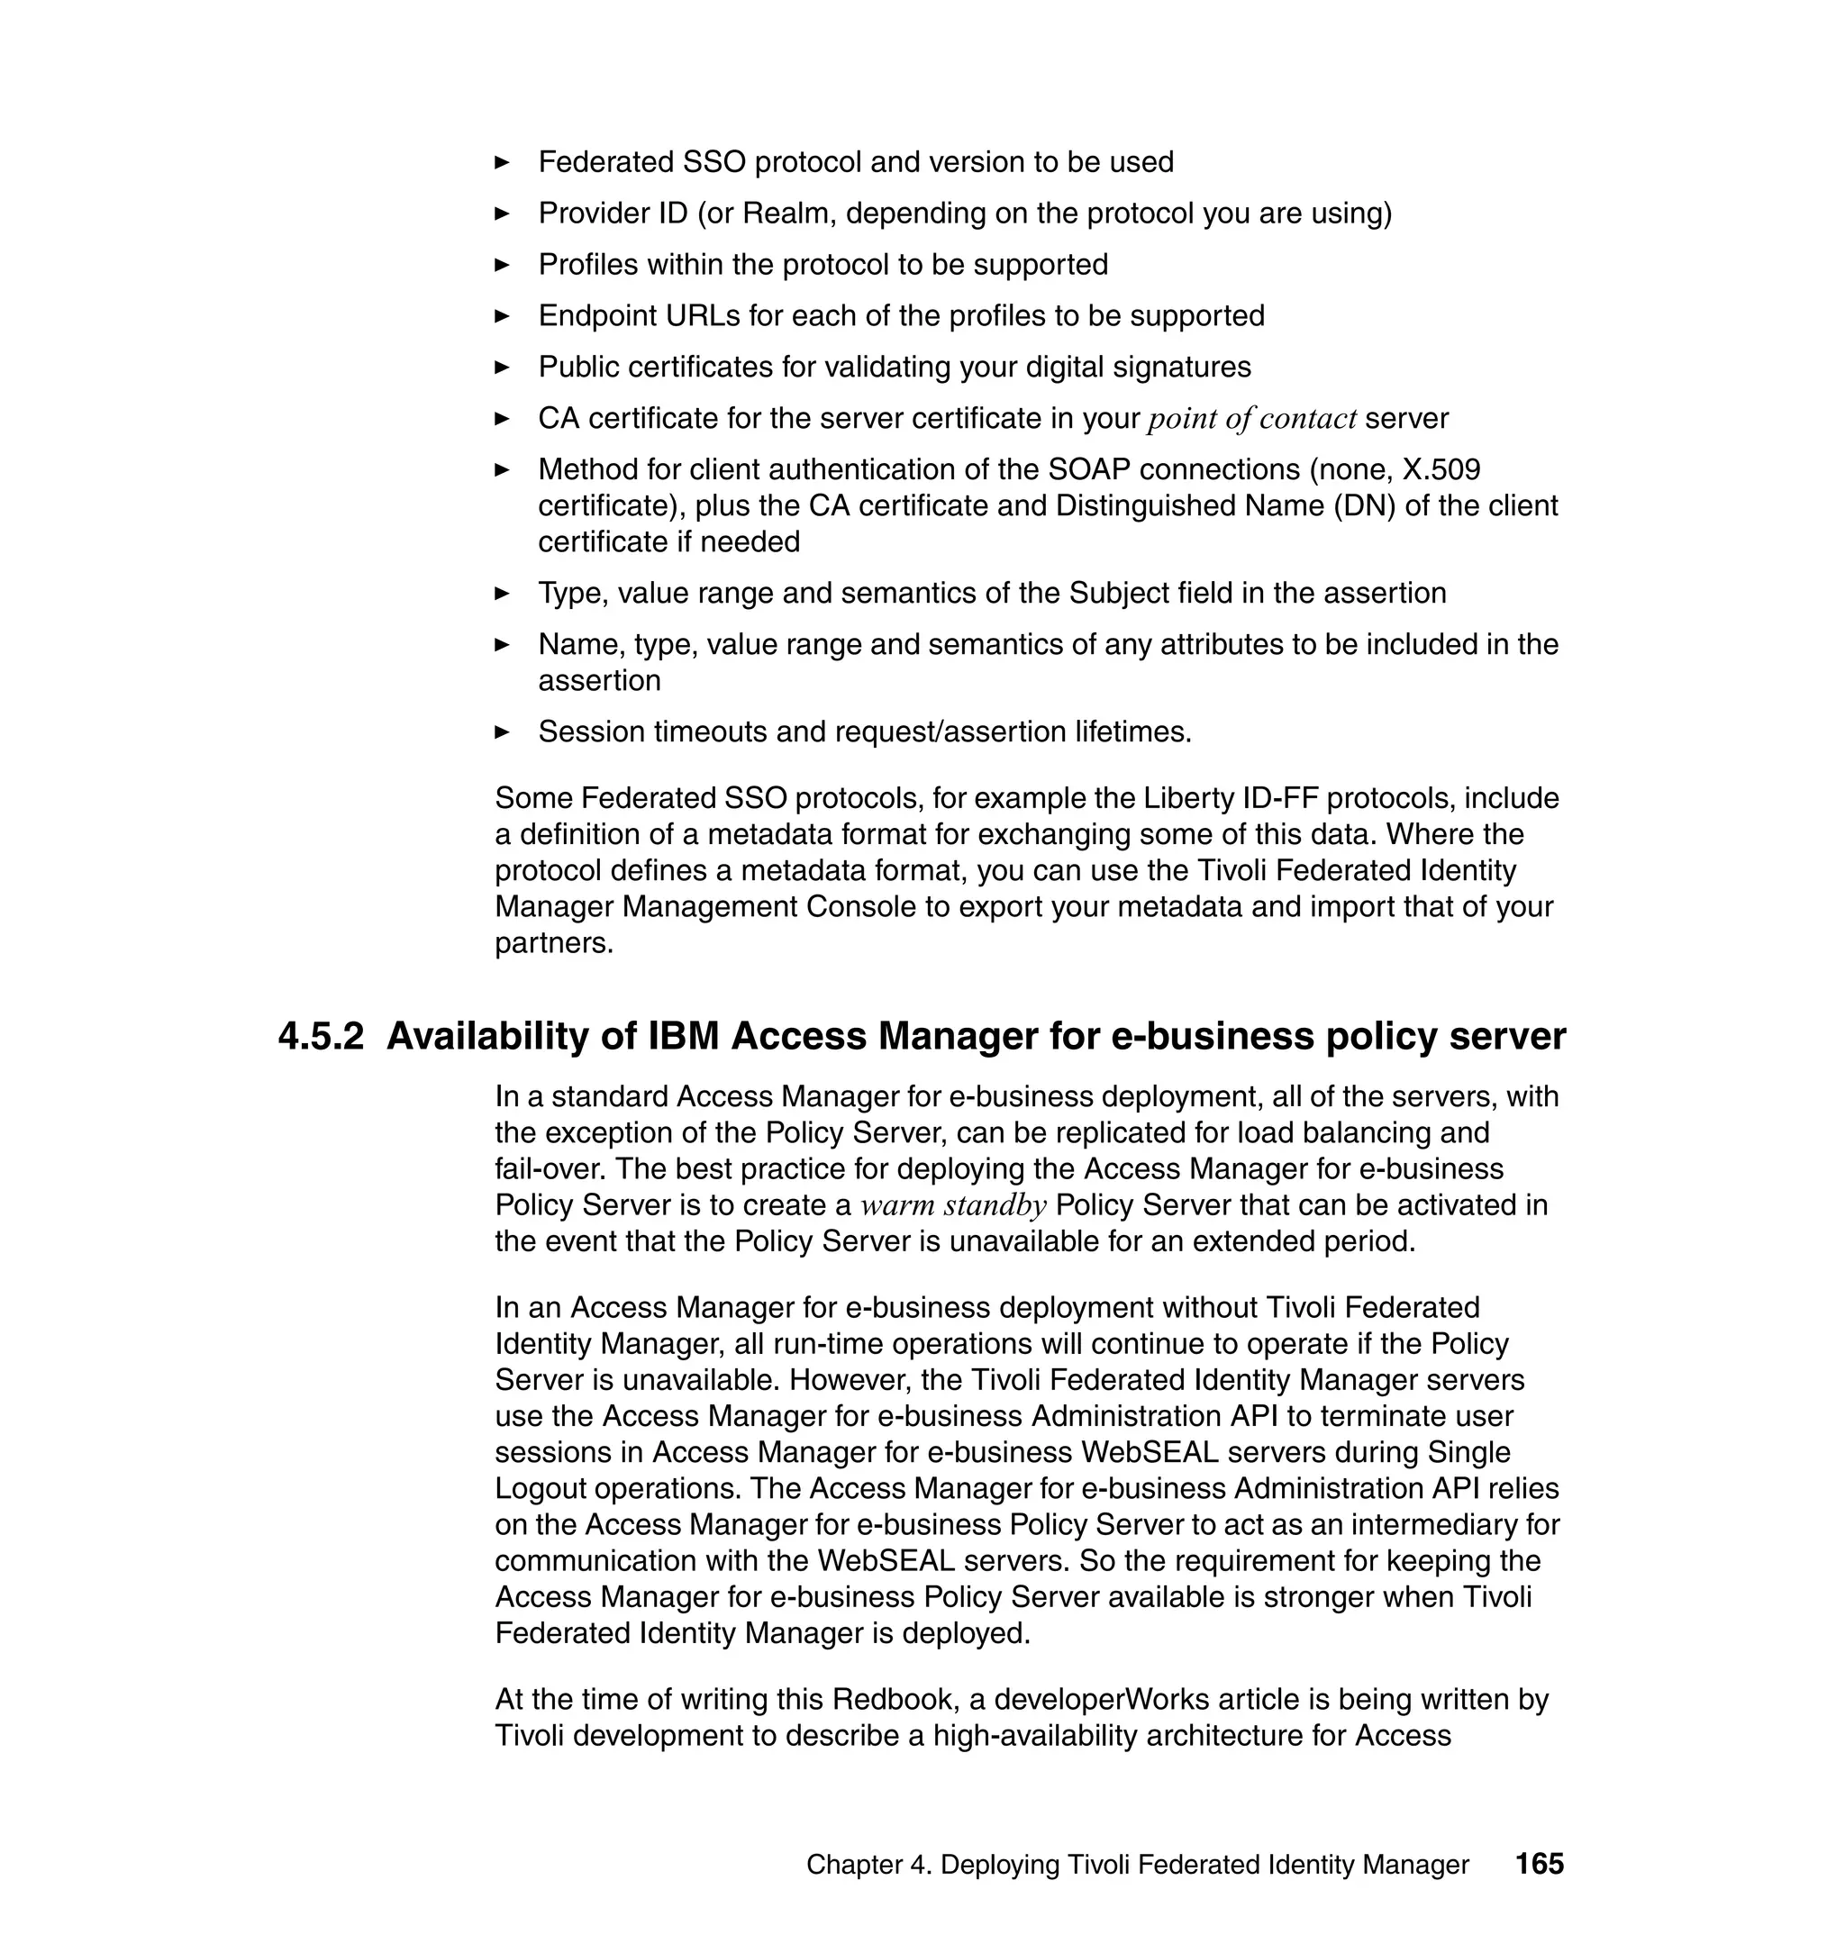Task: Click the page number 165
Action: [1539, 1864]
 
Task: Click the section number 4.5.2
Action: [321, 1037]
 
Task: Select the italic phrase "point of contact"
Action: [1252, 419]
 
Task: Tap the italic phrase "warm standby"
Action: [953, 1205]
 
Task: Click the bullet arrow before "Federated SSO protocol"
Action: [502, 162]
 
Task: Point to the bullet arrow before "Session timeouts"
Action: [502, 731]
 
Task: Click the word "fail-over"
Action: [540, 1169]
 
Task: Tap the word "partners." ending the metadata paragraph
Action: [554, 943]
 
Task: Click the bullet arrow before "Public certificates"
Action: [502, 367]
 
